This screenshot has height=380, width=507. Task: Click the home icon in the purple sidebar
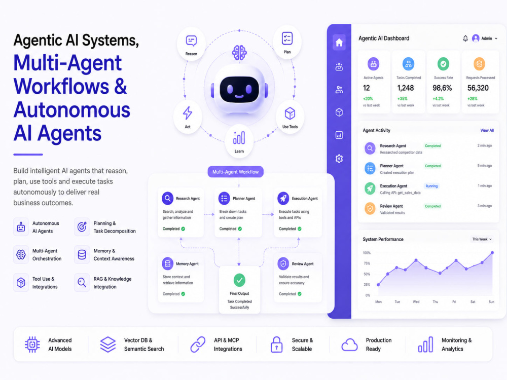click(x=339, y=43)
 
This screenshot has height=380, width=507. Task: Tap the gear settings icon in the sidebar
click(x=339, y=158)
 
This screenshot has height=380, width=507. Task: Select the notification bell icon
click(x=465, y=39)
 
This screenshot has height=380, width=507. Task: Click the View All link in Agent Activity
click(x=487, y=131)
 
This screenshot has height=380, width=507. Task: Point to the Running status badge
click(x=431, y=186)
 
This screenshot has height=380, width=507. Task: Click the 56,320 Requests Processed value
click(x=478, y=88)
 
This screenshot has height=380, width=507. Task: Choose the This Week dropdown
click(x=482, y=239)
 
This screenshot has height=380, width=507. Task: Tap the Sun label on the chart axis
click(x=491, y=302)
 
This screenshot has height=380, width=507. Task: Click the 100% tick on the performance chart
click(x=367, y=253)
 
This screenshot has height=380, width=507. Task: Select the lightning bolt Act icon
click(x=188, y=113)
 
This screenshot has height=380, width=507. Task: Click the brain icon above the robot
click(x=239, y=52)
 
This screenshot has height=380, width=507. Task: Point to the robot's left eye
click(x=230, y=89)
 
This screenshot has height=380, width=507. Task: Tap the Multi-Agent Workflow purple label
click(x=235, y=172)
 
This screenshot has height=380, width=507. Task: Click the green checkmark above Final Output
click(x=239, y=280)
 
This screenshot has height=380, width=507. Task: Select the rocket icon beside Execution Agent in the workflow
click(x=283, y=198)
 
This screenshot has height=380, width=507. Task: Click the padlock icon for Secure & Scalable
click(x=276, y=344)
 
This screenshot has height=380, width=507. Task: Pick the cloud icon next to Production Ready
click(x=349, y=345)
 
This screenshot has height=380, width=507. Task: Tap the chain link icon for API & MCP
click(x=198, y=344)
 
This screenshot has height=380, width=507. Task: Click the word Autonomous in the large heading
click(x=72, y=110)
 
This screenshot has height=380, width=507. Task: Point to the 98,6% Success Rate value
click(x=442, y=88)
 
